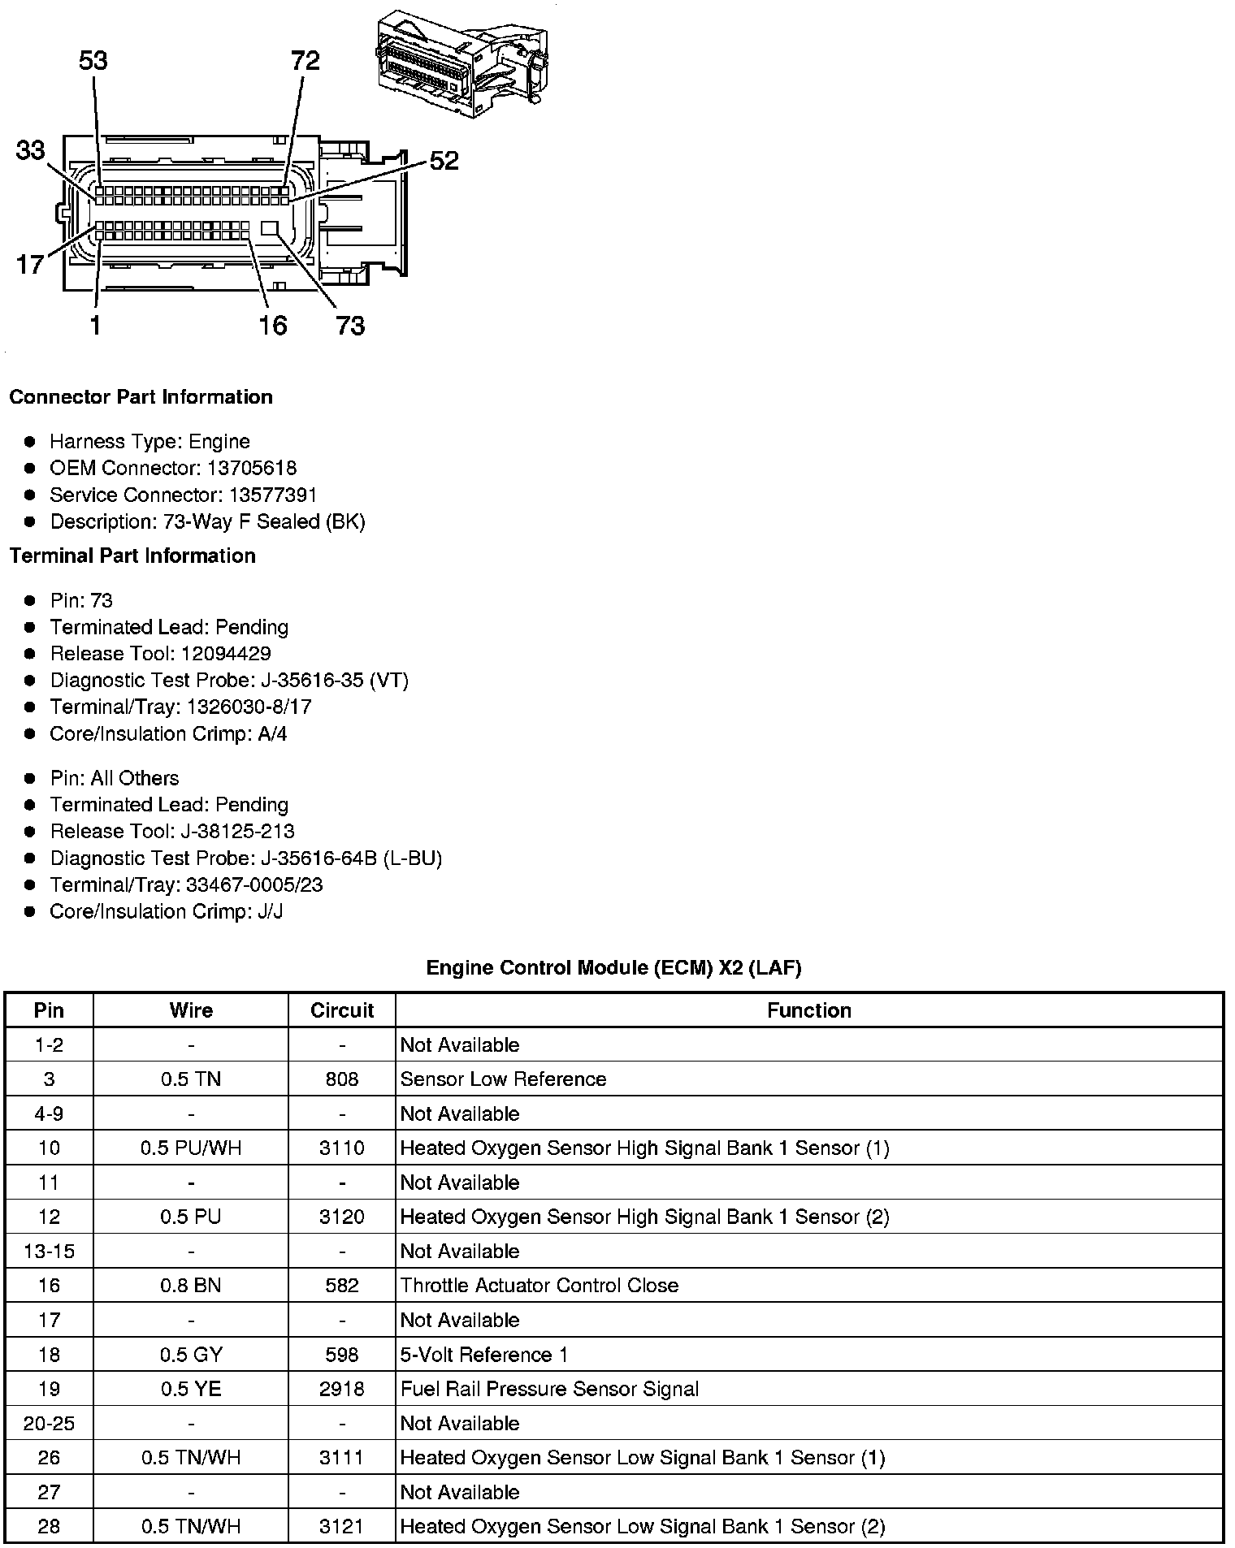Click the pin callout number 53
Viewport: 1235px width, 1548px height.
pos(93,61)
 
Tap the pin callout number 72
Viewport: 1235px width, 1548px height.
pos(305,61)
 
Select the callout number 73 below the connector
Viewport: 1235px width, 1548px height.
pos(350,326)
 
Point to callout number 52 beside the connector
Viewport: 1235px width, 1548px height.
pos(444,161)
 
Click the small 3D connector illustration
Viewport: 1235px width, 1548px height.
pos(461,64)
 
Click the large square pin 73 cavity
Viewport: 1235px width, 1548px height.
pos(271,228)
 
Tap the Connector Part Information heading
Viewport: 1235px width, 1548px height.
pos(141,397)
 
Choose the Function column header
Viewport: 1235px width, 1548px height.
pos(808,1010)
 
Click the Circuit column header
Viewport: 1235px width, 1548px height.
pos(341,1010)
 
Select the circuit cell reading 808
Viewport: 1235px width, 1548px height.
pos(341,1079)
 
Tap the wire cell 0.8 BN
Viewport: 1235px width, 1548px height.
pos(191,1285)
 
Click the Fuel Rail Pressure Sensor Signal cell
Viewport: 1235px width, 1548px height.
pos(549,1389)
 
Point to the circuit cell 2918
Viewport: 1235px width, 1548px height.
pos(341,1389)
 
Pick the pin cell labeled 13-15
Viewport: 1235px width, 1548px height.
pos(49,1251)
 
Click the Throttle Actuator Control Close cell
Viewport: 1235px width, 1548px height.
pos(539,1285)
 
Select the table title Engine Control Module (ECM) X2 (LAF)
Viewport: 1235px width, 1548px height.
pos(613,967)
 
